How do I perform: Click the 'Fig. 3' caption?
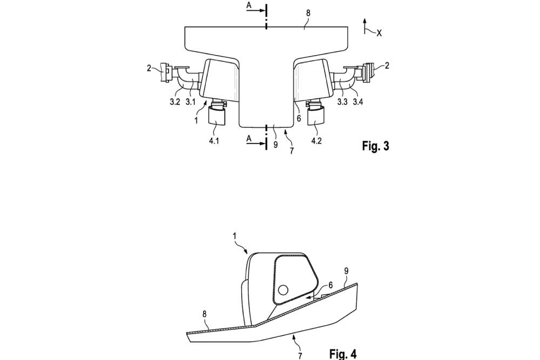coord(374,146)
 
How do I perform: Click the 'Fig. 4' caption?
coord(343,354)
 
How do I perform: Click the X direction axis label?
coord(379,33)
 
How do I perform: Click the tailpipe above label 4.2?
coord(315,116)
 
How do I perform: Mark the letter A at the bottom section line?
coord(249,138)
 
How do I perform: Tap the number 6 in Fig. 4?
coord(330,285)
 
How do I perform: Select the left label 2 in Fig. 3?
coord(150,69)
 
